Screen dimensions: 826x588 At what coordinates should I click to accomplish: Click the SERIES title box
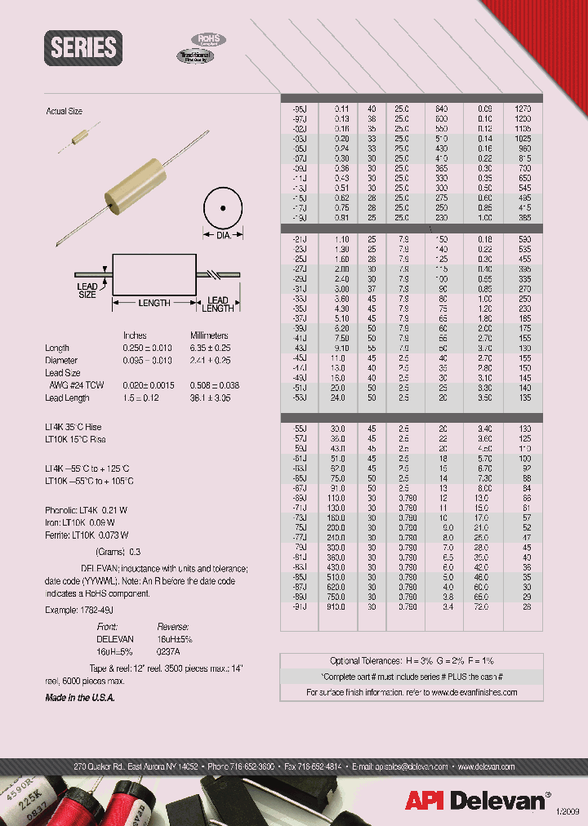84,48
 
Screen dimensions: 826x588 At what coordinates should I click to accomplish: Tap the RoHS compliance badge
208,39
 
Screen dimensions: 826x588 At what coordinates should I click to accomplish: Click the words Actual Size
65,110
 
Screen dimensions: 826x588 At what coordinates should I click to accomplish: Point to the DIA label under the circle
223,234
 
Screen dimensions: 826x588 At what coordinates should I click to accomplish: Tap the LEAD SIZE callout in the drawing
87,291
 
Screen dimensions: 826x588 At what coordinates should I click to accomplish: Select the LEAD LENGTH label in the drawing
217,304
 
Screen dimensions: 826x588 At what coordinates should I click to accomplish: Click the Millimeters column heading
209,335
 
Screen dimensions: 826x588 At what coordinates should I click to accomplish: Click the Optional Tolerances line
411,660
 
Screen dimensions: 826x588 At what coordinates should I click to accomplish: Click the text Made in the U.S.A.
80,698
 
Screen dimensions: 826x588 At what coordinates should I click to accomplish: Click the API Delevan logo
477,800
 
